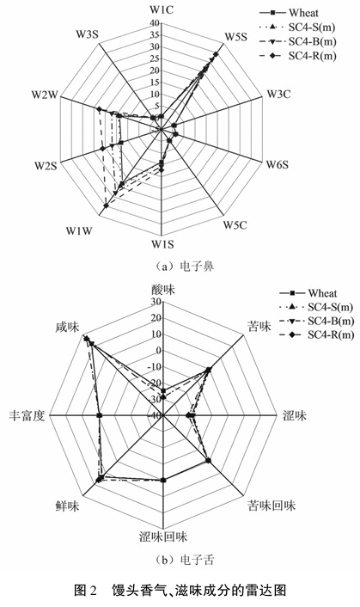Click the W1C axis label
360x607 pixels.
[x=162, y=9]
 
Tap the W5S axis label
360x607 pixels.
[x=236, y=37]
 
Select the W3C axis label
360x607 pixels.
[x=279, y=94]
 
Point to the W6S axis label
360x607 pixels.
[x=277, y=164]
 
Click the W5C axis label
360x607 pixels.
[x=235, y=224]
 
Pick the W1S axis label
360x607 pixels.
[x=162, y=244]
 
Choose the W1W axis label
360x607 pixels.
[x=79, y=231]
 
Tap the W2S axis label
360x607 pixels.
[x=46, y=166]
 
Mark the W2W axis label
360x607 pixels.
[x=45, y=95]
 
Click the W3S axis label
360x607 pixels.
[x=87, y=34]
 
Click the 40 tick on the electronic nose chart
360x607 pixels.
[x=154, y=23]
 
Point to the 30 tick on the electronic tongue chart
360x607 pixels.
[x=156, y=302]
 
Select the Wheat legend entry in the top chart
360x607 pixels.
[x=289, y=13]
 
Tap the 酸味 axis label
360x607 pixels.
[x=163, y=290]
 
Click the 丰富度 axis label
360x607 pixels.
[x=27, y=416]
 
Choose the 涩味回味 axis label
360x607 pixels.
[x=163, y=537]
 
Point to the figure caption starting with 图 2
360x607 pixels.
[x=180, y=591]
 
